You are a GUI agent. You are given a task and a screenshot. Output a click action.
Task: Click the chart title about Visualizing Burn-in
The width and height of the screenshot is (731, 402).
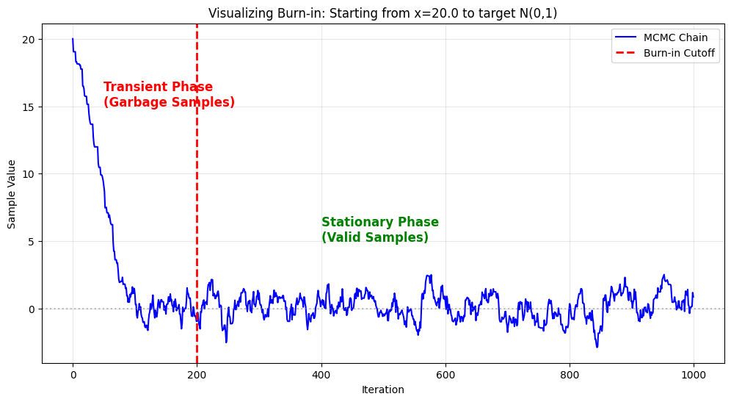coord(382,13)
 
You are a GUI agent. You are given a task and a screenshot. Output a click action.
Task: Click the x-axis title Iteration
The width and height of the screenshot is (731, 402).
coord(382,390)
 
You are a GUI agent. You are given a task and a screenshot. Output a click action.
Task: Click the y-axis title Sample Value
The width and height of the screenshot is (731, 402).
coord(12,194)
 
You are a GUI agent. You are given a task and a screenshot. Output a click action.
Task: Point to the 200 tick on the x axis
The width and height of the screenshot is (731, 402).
coord(197,375)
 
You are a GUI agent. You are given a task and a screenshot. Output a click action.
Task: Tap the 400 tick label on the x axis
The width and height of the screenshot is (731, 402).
coord(321,375)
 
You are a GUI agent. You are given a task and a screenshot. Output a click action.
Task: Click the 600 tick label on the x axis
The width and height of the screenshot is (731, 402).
coord(445,375)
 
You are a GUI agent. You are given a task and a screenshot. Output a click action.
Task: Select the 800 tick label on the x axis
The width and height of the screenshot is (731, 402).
coord(570,375)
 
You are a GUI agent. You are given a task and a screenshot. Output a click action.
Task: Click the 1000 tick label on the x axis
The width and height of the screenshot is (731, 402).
coord(694,375)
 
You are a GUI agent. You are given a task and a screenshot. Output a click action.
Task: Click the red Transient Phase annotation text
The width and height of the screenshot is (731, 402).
coord(158,87)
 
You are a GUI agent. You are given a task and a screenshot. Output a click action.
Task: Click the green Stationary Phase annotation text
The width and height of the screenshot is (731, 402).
coord(379,223)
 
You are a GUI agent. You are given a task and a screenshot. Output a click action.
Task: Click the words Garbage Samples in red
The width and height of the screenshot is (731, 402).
coord(169,103)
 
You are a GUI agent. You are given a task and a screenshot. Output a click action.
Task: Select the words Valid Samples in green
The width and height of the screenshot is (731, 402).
coord(374,238)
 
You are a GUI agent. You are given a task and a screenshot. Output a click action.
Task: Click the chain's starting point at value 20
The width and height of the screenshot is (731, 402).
coord(73,39)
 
